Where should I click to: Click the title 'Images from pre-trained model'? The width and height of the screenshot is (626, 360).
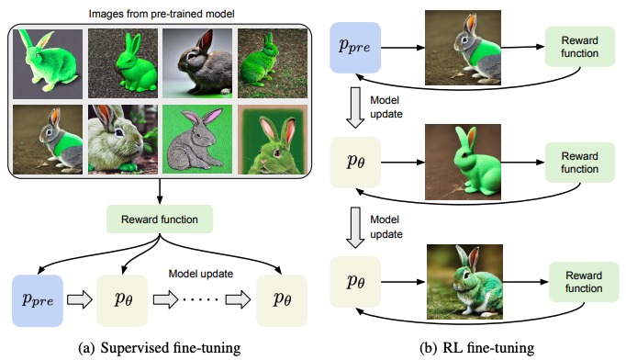coord(162,14)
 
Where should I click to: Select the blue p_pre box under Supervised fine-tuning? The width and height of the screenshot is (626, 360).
coord(38,300)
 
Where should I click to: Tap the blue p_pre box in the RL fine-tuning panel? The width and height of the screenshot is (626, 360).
coord(355,48)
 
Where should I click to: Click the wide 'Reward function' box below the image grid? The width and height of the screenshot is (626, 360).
coord(160,219)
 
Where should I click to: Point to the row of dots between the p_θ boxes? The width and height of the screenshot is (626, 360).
coord(201,299)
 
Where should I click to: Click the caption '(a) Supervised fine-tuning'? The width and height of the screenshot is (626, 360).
coord(160,348)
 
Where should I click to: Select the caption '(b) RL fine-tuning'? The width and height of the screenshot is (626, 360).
coord(476,348)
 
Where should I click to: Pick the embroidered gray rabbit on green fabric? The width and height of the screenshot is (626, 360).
coord(197,140)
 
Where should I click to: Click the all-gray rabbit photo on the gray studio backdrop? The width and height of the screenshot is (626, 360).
coord(197,63)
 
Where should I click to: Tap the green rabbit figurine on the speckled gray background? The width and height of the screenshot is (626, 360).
coord(123,63)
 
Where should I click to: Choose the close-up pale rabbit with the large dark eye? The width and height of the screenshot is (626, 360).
coord(123,140)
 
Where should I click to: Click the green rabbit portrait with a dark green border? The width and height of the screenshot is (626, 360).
coord(273,140)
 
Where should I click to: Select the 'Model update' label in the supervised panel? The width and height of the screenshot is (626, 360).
coord(201,274)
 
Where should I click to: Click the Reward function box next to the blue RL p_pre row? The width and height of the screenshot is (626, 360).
coord(580,47)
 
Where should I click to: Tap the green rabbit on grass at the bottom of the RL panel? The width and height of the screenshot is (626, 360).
coord(464,282)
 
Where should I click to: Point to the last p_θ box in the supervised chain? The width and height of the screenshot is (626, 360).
coord(282,300)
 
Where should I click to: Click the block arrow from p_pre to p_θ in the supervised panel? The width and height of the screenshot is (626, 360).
coord(80,299)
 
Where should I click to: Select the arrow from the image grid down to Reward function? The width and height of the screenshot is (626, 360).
coord(160,191)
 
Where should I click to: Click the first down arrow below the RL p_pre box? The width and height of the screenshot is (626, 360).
coord(355,107)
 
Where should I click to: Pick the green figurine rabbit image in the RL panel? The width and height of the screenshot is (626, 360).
coord(463,162)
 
